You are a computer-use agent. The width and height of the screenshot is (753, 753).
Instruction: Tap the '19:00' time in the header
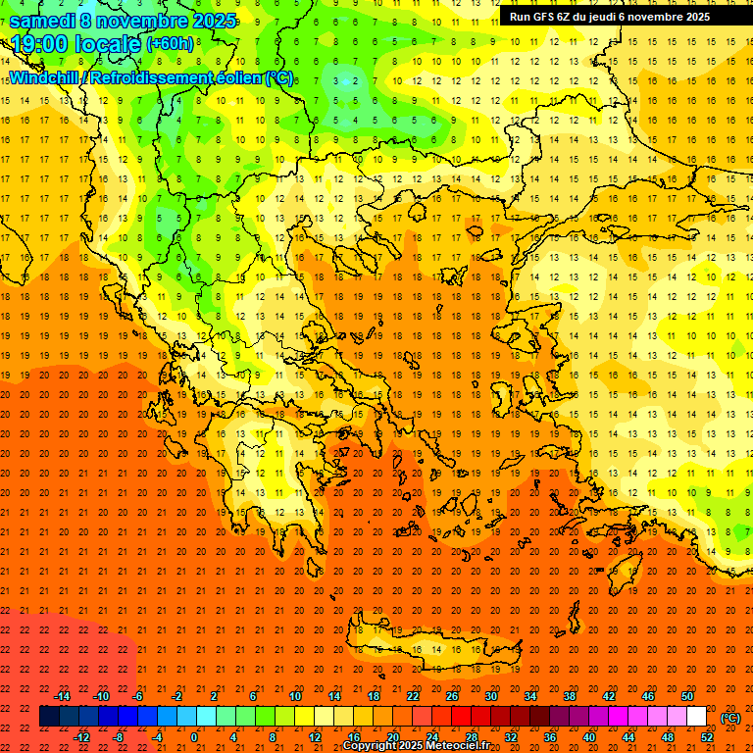tap(39, 43)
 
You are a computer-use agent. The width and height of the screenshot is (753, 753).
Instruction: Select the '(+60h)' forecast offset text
tap(170, 44)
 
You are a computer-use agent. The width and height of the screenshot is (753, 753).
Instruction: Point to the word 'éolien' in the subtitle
tap(237, 77)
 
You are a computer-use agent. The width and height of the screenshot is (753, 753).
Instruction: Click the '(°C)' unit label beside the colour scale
tap(730, 718)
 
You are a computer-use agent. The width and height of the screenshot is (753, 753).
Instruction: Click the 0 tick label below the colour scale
tap(194, 737)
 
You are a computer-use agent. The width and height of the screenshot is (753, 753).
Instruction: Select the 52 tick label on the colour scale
tap(706, 737)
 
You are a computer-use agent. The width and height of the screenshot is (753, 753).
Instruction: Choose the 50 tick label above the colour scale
tap(687, 696)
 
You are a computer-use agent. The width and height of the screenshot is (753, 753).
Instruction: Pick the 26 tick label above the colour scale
tap(452, 696)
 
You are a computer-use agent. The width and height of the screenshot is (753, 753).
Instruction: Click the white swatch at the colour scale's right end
tap(697, 717)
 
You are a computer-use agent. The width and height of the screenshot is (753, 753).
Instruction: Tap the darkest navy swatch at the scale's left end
tap(50, 717)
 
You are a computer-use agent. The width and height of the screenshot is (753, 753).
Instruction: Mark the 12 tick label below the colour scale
tap(315, 737)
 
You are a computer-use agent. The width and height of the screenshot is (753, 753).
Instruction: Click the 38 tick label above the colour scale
tap(570, 696)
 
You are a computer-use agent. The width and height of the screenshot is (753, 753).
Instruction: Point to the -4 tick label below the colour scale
tap(157, 737)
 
